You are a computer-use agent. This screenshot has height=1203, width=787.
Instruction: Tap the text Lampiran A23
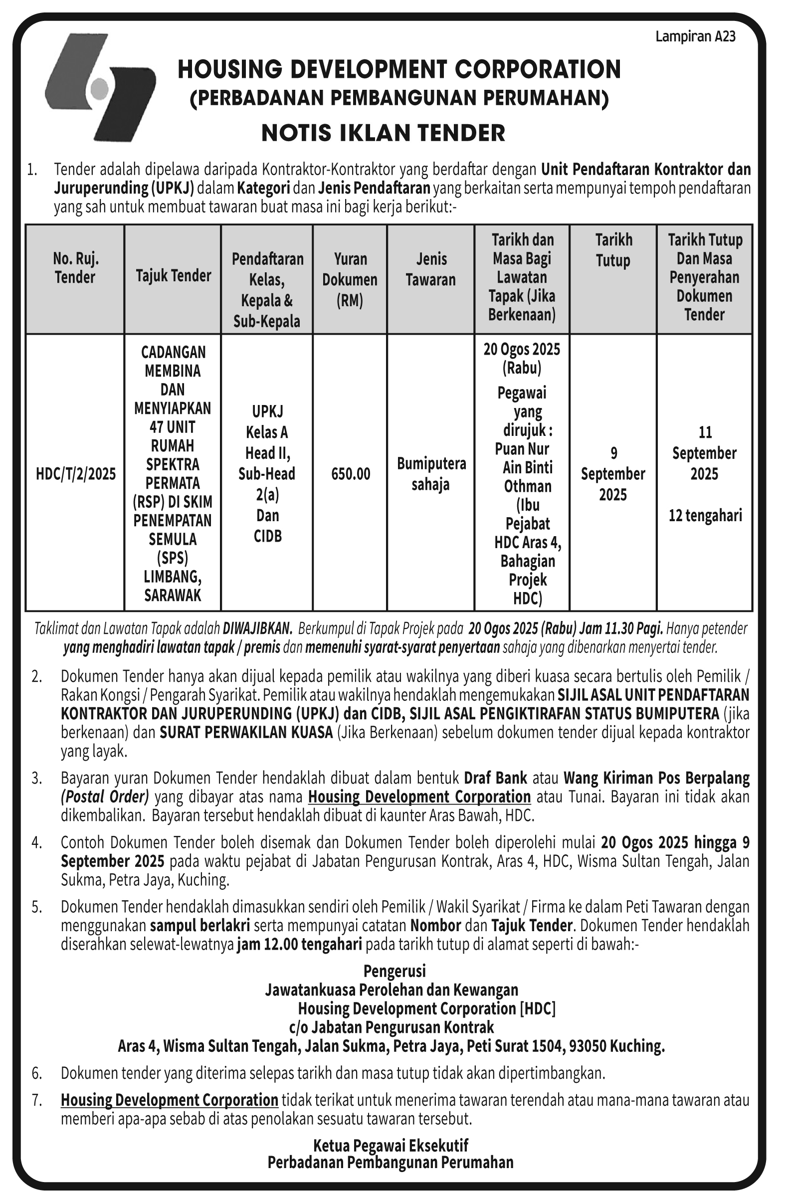pyautogui.click(x=695, y=37)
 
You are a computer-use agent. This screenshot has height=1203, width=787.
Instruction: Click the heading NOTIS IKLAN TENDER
pyautogui.click(x=383, y=133)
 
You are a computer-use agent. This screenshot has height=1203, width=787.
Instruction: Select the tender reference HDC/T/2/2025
pyautogui.click(x=76, y=474)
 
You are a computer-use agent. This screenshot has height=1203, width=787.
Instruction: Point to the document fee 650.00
pyautogui.click(x=351, y=474)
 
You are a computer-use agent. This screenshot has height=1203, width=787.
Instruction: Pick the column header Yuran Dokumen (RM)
pyautogui.click(x=350, y=279)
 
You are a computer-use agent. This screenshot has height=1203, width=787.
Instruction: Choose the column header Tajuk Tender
pyautogui.click(x=174, y=276)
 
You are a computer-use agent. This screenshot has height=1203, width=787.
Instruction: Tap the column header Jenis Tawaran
pyautogui.click(x=430, y=269)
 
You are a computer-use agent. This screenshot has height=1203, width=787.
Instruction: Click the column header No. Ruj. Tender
pyautogui.click(x=75, y=268)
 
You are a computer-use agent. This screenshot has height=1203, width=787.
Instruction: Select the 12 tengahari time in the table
pyautogui.click(x=705, y=516)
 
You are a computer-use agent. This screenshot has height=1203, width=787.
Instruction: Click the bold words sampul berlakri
pyautogui.click(x=199, y=926)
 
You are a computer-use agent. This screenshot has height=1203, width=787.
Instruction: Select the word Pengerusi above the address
pyautogui.click(x=395, y=971)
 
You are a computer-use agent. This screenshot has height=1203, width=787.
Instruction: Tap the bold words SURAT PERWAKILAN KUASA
pyautogui.click(x=246, y=732)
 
